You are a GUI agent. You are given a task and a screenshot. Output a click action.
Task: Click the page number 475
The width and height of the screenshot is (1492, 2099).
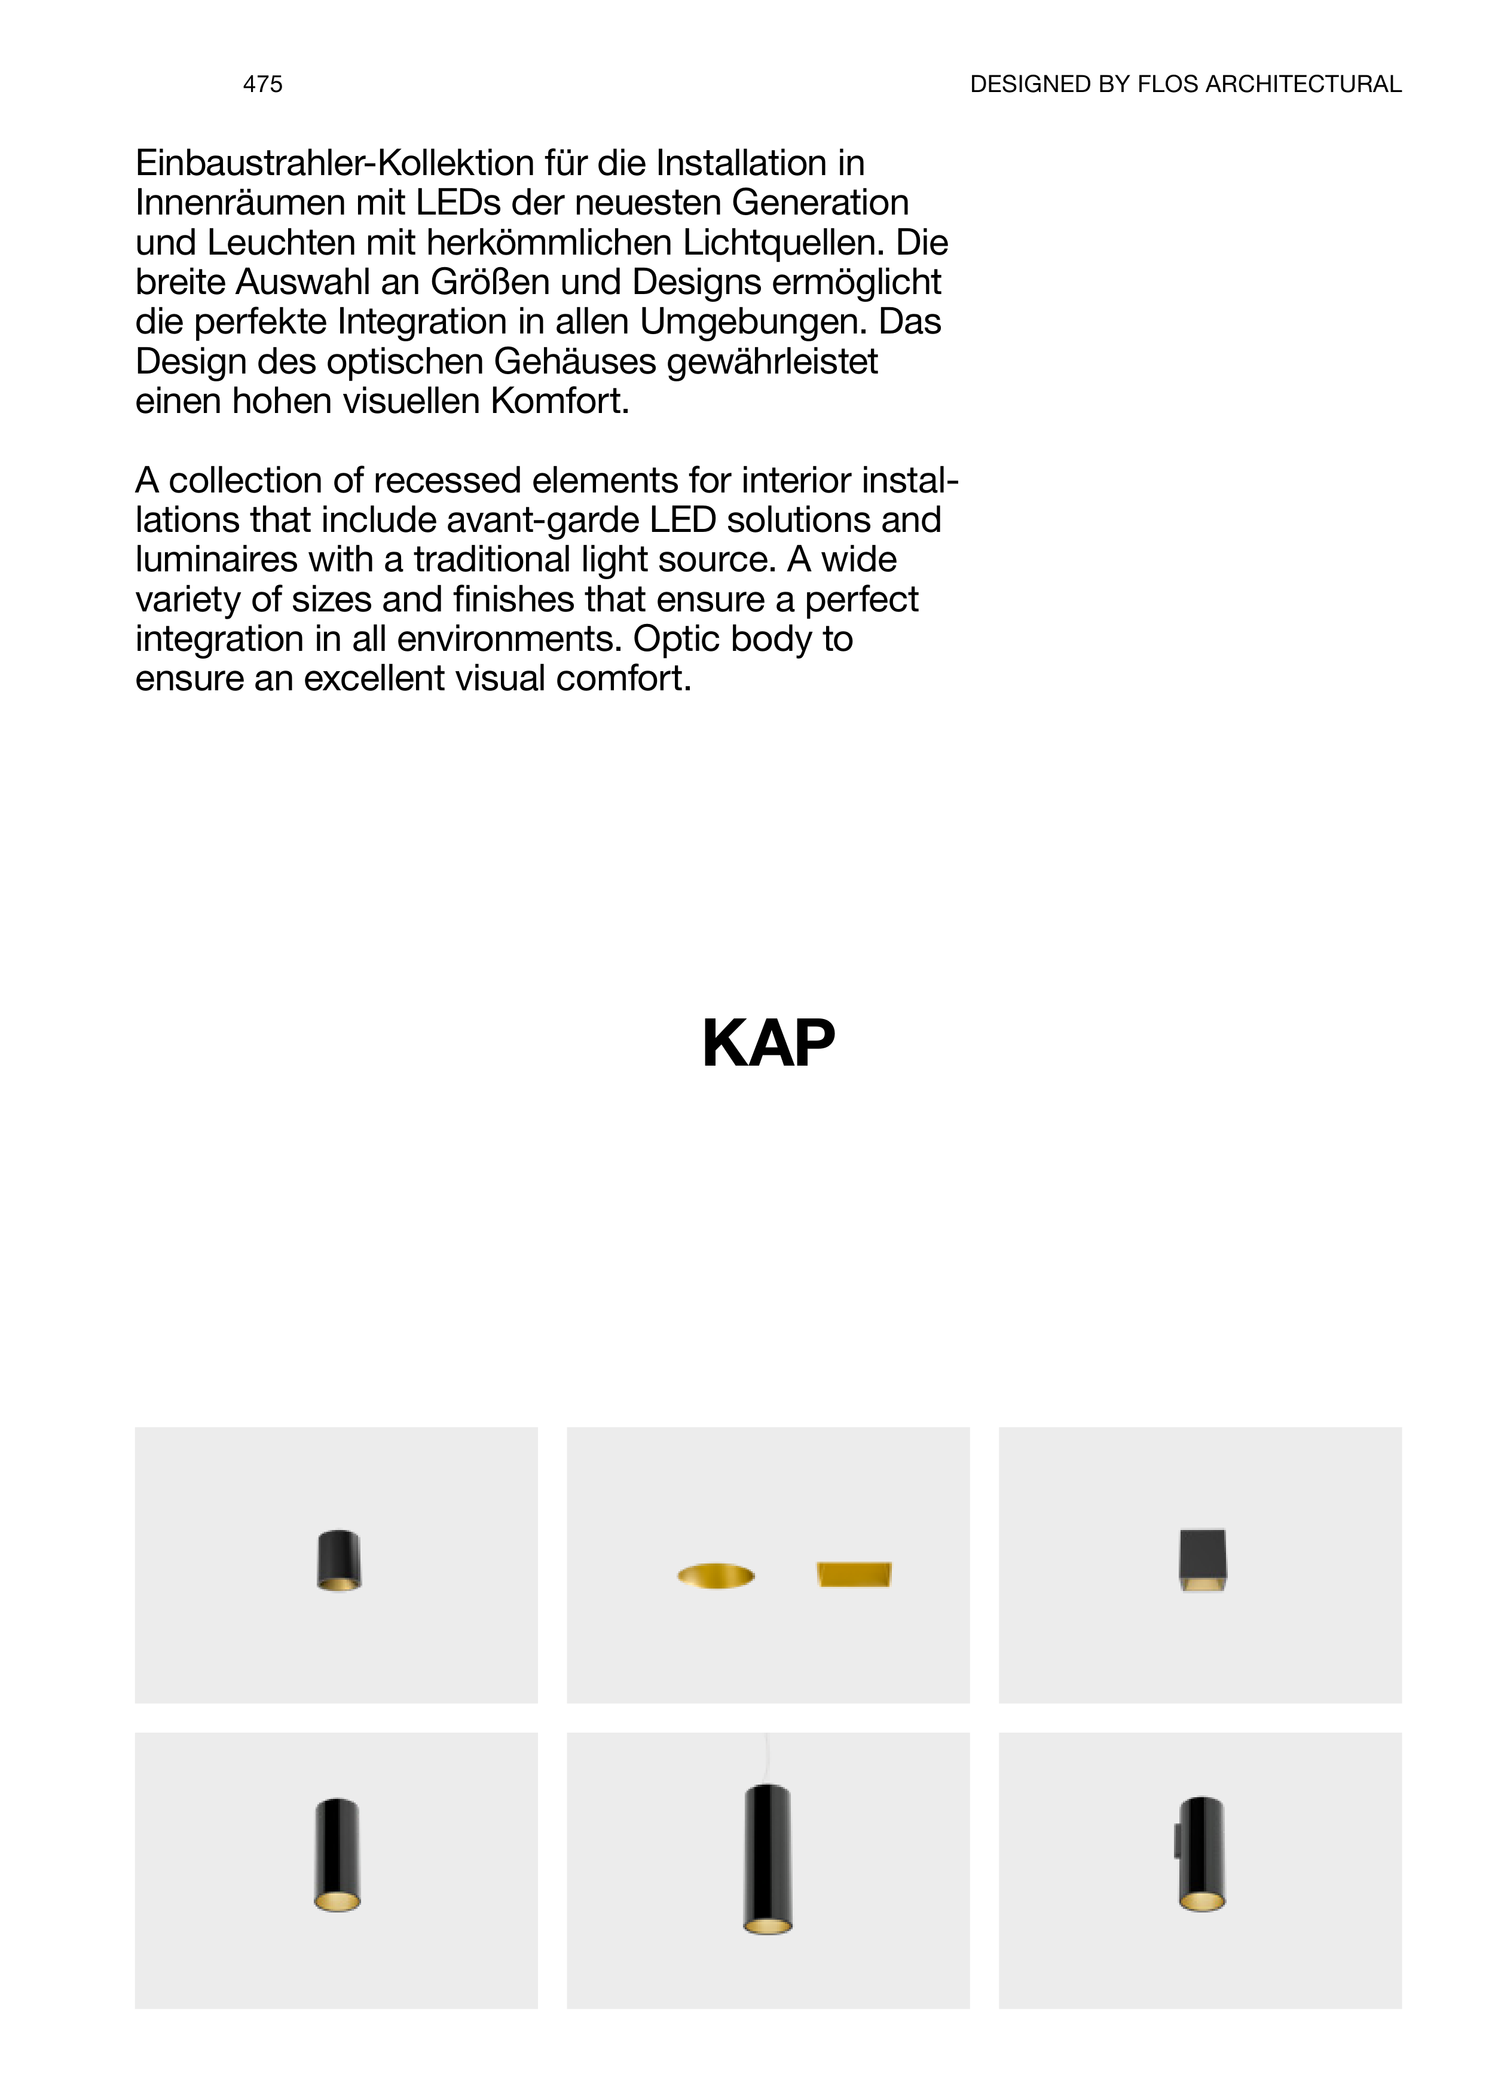tap(263, 84)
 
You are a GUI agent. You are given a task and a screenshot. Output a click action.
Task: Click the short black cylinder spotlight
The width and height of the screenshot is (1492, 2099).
tap(338, 1560)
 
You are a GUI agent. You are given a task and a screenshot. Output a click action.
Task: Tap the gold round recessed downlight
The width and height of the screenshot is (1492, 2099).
tap(716, 1576)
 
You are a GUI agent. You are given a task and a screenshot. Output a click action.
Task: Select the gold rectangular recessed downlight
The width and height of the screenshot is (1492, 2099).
tap(854, 1574)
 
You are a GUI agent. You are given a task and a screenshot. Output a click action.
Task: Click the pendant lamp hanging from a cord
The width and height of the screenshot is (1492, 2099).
tap(767, 1859)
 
